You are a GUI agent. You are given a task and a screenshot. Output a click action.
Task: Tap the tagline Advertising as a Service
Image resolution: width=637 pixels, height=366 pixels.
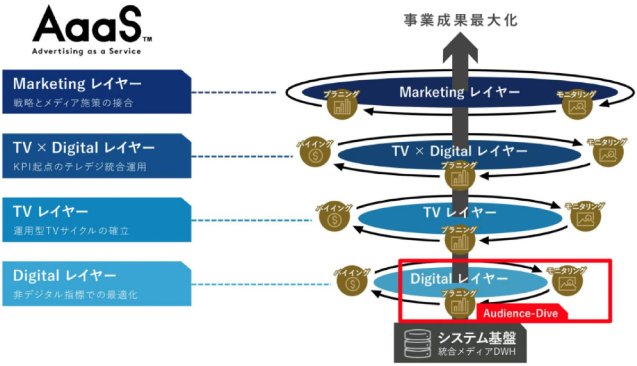click(87, 51)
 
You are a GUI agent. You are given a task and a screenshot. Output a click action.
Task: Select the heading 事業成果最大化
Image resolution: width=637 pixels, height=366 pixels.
click(460, 20)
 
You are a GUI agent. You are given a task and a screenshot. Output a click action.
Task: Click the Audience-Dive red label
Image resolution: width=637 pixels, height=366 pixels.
click(520, 313)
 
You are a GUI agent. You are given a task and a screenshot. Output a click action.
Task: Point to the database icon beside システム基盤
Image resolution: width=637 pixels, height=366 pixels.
click(417, 343)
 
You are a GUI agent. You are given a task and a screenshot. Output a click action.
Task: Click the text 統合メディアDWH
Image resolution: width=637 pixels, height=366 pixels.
click(477, 352)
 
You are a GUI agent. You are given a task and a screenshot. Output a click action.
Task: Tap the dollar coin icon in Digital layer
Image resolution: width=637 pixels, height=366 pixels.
click(352, 284)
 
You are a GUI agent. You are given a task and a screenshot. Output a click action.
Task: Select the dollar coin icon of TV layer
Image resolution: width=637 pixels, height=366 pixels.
click(334, 219)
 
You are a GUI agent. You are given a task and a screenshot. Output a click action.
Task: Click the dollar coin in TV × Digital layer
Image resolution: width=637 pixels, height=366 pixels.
click(315, 155)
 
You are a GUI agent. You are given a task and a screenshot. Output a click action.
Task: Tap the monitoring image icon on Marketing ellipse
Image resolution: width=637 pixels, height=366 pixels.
click(577, 107)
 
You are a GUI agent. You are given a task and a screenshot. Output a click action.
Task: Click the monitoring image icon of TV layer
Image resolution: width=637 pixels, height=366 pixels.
click(586, 219)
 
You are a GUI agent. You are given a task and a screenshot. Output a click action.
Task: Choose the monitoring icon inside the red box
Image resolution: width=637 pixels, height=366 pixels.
click(567, 283)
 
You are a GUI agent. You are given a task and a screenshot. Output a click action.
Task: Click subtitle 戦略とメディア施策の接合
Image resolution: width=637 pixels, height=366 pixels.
click(73, 103)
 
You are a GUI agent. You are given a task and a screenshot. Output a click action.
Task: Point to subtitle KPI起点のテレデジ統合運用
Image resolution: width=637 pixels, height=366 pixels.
click(80, 166)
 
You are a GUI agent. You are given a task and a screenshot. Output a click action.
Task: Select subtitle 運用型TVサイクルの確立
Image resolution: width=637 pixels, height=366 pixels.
click(71, 231)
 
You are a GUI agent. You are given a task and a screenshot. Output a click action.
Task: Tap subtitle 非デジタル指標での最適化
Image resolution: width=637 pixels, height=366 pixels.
click(75, 295)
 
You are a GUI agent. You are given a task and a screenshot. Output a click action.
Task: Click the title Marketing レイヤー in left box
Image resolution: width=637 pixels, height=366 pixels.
click(77, 84)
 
